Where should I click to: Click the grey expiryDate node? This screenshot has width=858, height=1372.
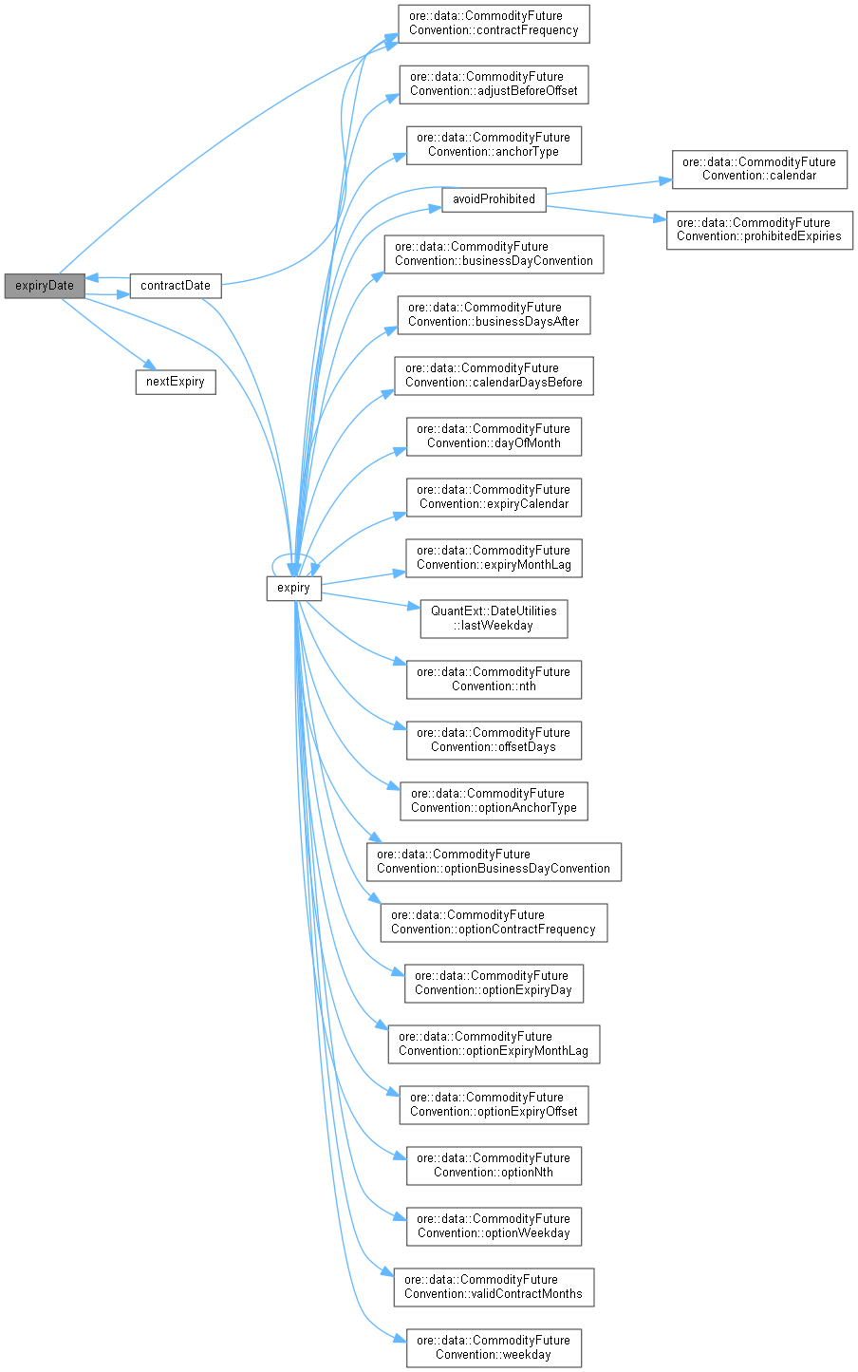(44, 286)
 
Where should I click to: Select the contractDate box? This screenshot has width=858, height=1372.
(175, 286)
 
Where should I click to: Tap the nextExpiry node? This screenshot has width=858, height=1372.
(175, 383)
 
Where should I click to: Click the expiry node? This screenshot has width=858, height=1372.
(293, 589)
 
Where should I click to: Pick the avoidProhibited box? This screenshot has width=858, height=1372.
(494, 199)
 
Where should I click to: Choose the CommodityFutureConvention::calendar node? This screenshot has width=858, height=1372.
(758, 169)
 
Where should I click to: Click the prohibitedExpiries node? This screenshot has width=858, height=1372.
(758, 230)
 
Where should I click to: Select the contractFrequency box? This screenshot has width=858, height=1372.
(494, 23)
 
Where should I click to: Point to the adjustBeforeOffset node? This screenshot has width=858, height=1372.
(494, 84)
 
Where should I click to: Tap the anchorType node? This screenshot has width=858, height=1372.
(494, 144)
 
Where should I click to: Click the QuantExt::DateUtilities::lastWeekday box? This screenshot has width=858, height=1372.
(494, 618)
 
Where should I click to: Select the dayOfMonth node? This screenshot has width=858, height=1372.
(494, 436)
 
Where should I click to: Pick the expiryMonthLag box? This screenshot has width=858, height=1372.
(494, 557)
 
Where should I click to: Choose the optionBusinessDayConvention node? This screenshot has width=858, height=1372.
(494, 861)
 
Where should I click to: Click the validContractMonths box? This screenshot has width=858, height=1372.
(494, 1287)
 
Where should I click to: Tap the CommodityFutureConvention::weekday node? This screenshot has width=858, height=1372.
(494, 1347)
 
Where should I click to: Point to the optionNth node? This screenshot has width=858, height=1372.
(494, 1165)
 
